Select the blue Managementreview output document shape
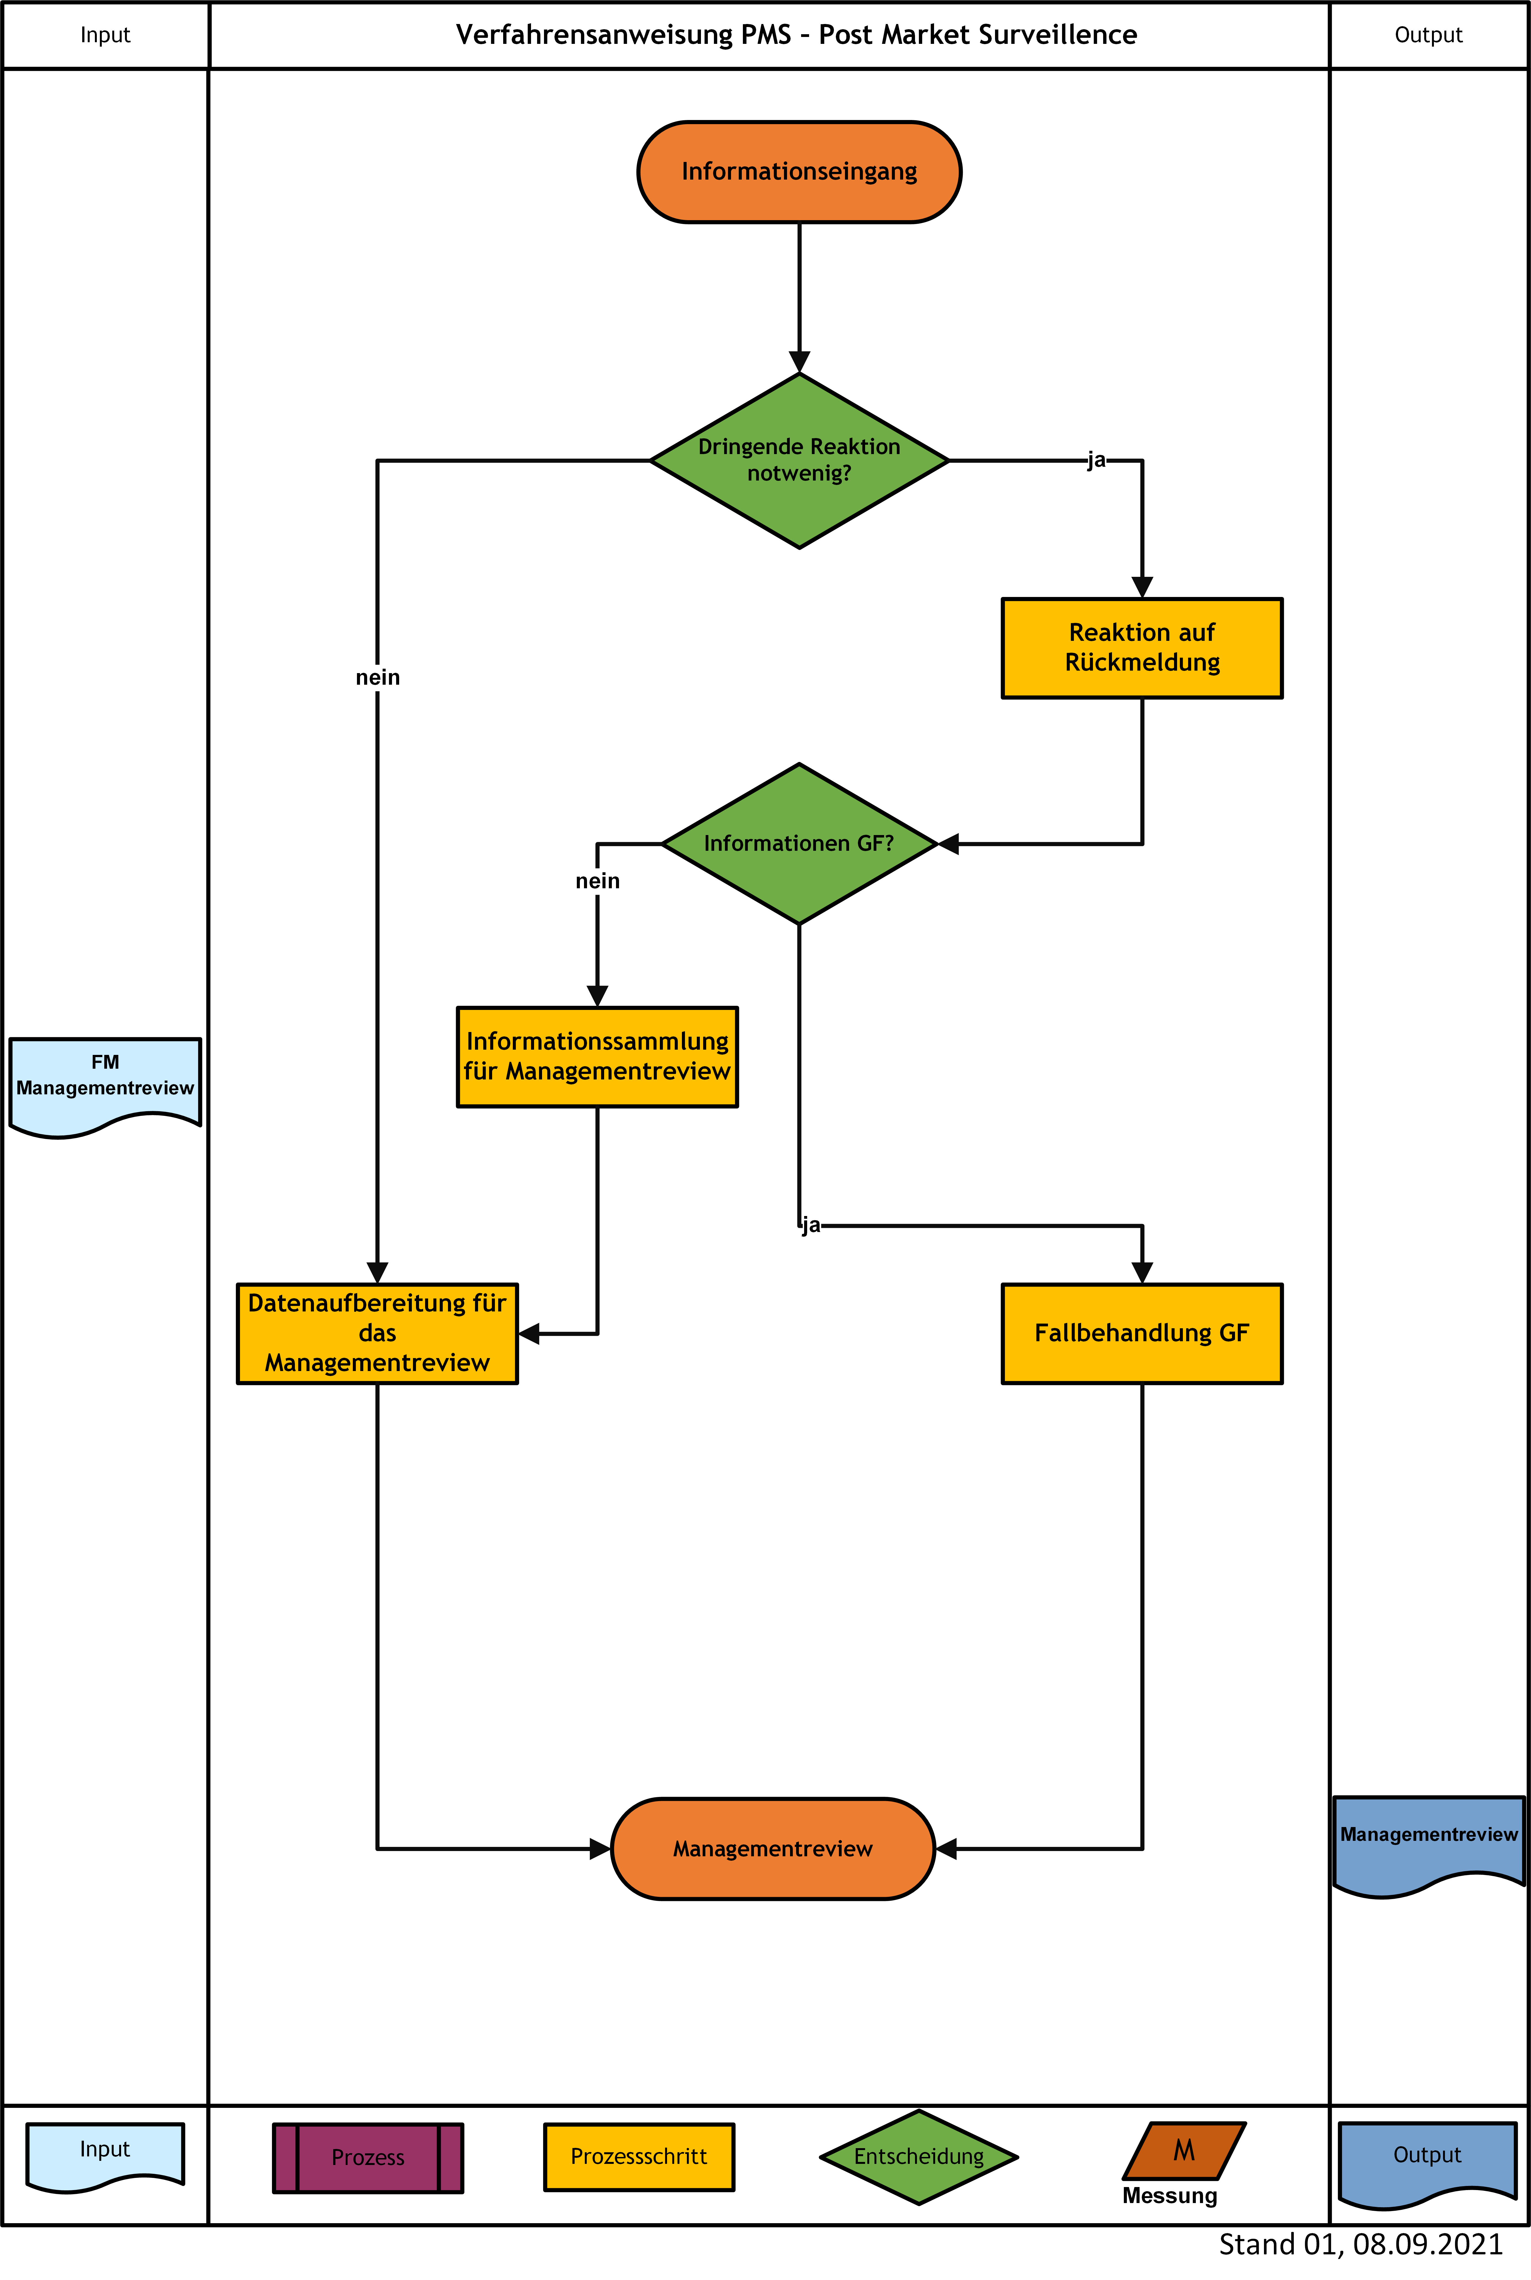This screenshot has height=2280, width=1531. coord(1428,1846)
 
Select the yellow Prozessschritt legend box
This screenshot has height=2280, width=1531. coord(639,2156)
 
